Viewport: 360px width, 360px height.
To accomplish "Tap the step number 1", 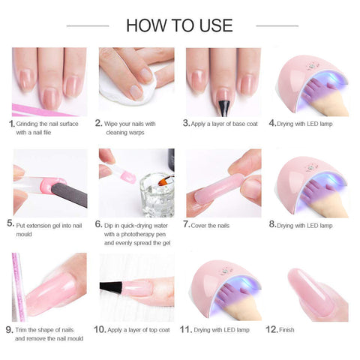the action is [11, 124].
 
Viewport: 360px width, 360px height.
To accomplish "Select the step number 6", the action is [98, 224].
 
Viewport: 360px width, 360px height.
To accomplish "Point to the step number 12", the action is [271, 329].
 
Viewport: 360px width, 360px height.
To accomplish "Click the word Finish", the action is [286, 330].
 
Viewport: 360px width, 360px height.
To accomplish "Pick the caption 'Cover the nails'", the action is [210, 226].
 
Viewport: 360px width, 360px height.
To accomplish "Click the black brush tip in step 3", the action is [223, 108].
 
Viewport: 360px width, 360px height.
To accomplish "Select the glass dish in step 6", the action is [157, 195].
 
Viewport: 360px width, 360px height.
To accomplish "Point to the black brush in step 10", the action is [111, 287].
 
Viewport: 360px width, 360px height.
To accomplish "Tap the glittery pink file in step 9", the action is [19, 287].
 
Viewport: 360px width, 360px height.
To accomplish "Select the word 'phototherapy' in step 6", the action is [139, 234].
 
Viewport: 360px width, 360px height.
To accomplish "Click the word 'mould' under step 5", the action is [24, 234].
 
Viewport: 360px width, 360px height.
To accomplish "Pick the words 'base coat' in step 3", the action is [245, 124].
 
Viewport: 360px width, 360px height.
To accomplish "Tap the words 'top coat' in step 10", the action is [159, 330].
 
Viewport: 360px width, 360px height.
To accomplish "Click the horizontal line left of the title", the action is [88, 25].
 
